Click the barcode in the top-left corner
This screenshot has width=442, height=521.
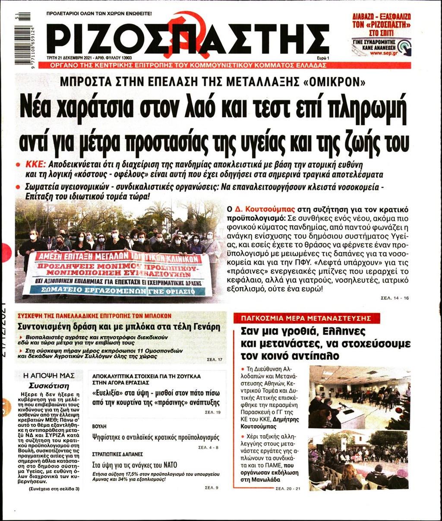click(x=22, y=38)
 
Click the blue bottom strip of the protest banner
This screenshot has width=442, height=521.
click(x=117, y=291)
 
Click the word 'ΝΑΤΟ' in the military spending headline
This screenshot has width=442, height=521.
click(x=168, y=465)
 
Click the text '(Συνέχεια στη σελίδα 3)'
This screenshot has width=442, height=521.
click(x=54, y=489)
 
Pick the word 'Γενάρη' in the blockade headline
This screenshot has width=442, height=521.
click(x=203, y=326)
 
